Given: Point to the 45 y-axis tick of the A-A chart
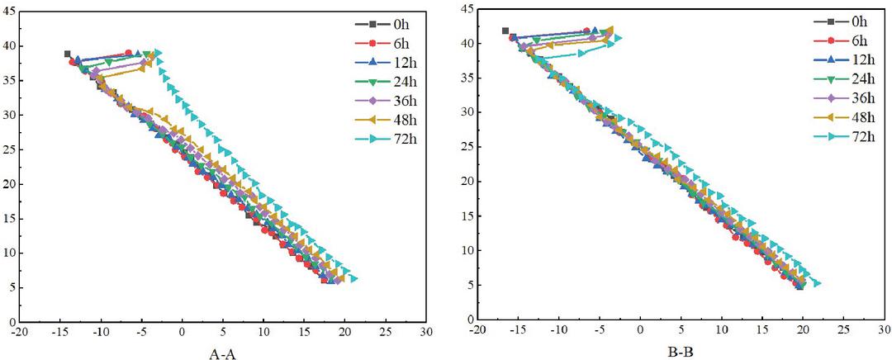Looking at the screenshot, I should (8, 12).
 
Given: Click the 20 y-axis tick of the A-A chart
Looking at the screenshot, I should (8, 183).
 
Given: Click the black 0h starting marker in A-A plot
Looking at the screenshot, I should (68, 54).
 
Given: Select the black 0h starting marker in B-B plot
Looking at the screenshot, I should (505, 31).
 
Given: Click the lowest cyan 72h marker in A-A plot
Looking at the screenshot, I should (353, 279).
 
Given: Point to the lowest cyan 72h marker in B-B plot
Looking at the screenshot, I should (817, 283).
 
